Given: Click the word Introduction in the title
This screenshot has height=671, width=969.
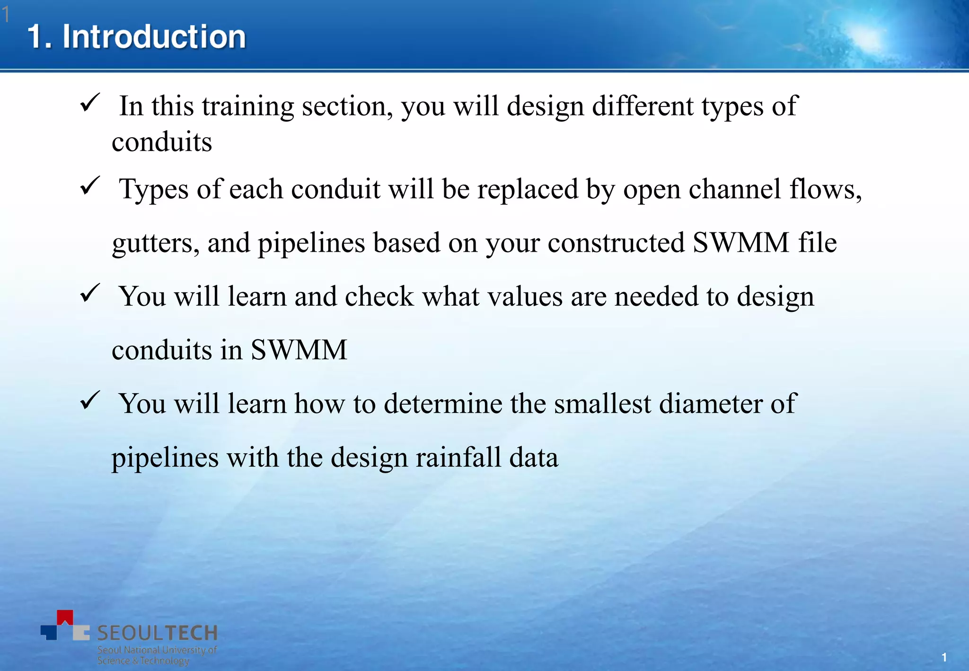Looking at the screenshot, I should coord(154,37).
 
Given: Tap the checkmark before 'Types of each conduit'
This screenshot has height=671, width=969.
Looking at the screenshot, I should coord(89,185).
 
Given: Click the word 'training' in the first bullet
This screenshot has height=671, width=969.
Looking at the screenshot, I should coord(248,106).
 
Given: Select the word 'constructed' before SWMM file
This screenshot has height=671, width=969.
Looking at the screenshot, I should coord(616,243).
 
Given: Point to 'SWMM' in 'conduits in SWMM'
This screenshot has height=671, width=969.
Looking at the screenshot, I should coord(299,350).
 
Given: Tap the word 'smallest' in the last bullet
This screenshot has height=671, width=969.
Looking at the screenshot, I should coord(602,404).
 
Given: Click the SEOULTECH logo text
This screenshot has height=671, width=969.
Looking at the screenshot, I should coord(157,633).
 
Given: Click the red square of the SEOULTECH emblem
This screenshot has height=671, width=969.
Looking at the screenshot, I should coord(65,618).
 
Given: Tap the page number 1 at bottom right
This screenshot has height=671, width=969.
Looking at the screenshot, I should coord(944,657).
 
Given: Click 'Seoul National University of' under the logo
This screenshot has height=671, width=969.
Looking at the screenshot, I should coord(157,650).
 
